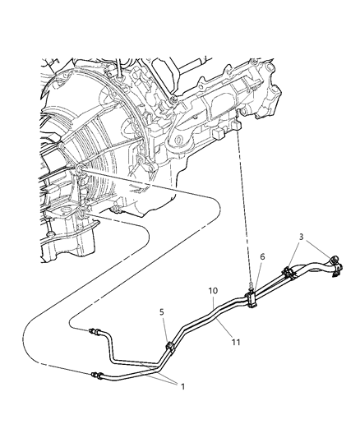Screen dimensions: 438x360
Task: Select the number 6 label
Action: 261,257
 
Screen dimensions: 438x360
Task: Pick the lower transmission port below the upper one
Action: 85,214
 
